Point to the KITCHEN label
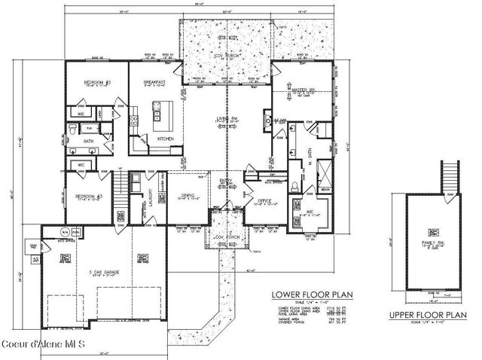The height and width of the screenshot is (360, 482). pos(165,139)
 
